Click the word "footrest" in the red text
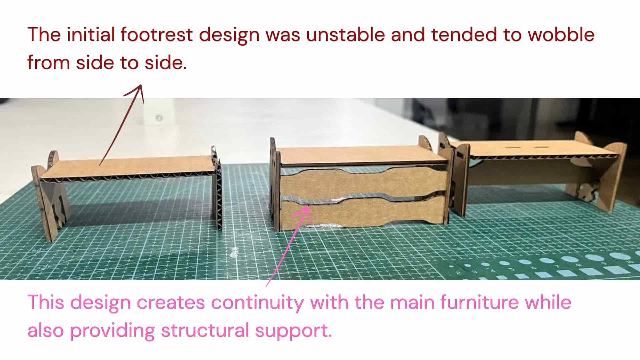coord(157,34)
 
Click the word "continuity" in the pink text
coord(258,303)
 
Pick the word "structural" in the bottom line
coord(205,330)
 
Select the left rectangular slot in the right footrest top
coord(510,147)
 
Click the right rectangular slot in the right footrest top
coord(540,147)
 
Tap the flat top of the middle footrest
coord(362,155)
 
